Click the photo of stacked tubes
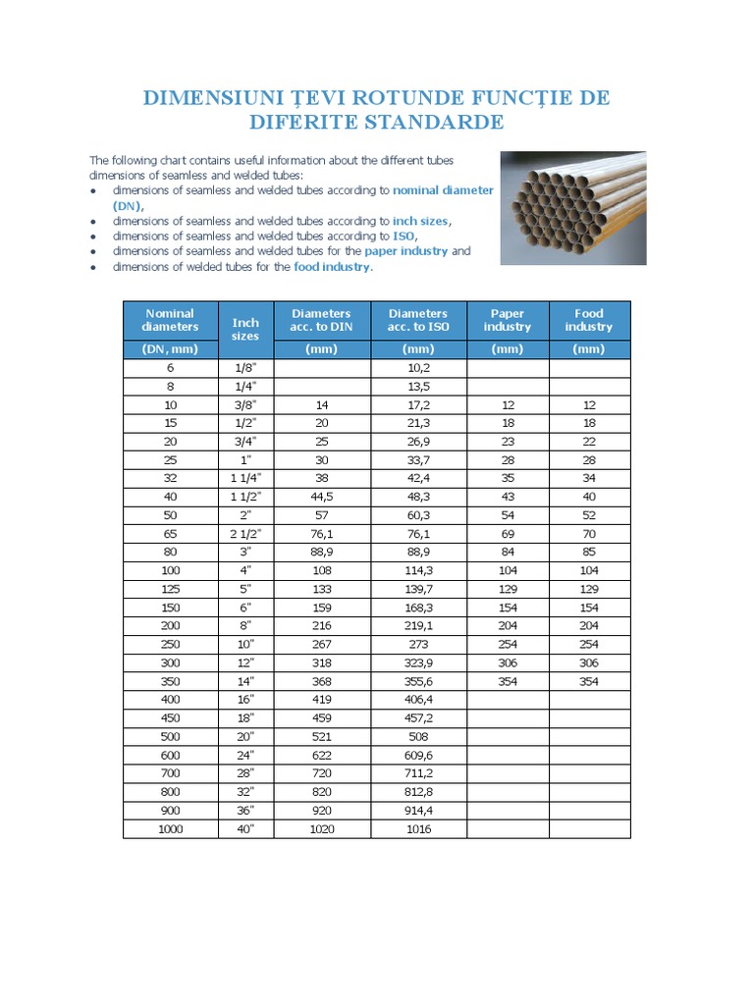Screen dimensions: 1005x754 pos(573,208)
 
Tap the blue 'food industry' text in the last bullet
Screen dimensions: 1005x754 pos(332,266)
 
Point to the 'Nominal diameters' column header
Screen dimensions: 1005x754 pos(170,320)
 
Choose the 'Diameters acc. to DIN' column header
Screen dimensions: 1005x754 pos(321,320)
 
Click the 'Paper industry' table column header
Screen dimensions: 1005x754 pos(508,320)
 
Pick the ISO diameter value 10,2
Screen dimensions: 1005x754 pos(418,368)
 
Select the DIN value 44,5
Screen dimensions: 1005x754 pos(321,497)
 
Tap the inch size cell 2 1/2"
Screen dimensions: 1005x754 pos(245,533)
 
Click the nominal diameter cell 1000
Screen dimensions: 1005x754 pos(170,828)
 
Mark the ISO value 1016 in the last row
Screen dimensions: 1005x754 pos(418,828)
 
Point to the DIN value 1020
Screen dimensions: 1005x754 pos(321,828)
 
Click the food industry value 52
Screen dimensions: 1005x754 pos(589,515)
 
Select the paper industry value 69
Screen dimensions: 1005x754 pos(508,533)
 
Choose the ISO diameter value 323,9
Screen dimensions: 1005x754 pos(418,662)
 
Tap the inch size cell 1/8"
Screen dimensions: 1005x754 pos(245,368)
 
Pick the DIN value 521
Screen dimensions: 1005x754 pos(321,736)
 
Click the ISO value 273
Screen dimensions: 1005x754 pos(418,644)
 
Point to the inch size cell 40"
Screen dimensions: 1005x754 pos(245,828)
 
